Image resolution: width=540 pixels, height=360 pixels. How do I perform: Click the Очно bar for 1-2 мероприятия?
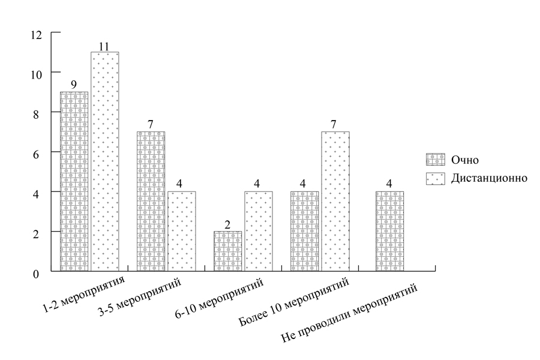coord(74,181)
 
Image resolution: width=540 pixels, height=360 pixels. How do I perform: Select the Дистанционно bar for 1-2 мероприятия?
coord(104,161)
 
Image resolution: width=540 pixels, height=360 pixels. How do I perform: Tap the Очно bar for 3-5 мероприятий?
coord(151,201)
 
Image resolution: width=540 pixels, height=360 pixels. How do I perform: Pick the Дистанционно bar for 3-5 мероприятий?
coord(181,231)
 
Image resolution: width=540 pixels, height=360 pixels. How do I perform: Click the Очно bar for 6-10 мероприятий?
coord(228,251)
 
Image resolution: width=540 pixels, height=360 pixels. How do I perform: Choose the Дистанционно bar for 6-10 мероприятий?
coord(259,231)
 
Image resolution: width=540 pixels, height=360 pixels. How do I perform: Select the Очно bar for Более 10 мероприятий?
coord(305,231)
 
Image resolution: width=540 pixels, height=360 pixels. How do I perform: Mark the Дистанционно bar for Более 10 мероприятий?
coord(335,201)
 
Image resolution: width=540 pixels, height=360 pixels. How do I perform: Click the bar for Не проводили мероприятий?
coord(389,231)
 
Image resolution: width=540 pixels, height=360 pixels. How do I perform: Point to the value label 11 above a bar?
coord(104,46)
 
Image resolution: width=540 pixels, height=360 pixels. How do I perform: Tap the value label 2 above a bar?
coord(228,224)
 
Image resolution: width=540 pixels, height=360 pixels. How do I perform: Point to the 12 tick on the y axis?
coord(37,34)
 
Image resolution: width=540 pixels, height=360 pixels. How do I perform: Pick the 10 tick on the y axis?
coord(37,74)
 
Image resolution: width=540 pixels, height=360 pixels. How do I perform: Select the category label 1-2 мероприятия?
coord(84,295)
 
